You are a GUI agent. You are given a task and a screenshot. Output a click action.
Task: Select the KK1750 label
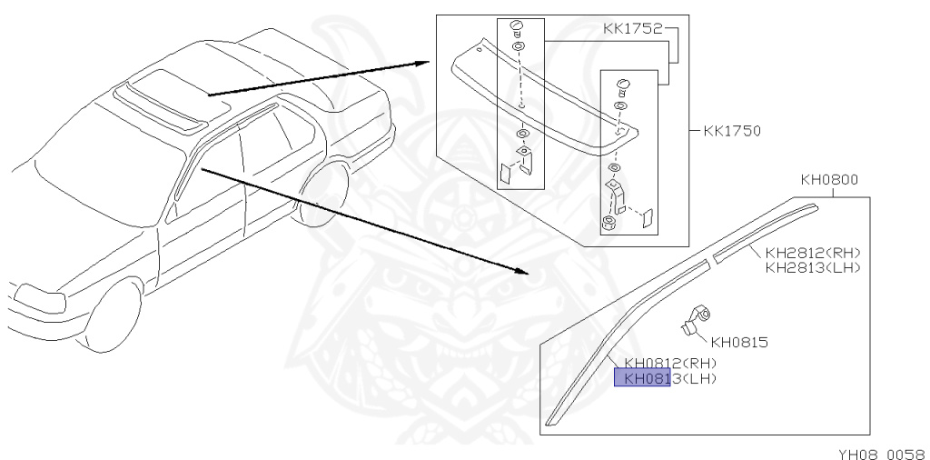pos(731,131)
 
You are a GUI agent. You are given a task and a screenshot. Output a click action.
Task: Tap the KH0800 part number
pos(829,180)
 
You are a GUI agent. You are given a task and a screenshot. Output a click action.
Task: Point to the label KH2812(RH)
pos(812,253)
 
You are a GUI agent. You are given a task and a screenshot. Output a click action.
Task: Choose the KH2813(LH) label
pos(812,267)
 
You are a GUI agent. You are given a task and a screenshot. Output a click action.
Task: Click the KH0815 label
pos(739,343)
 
